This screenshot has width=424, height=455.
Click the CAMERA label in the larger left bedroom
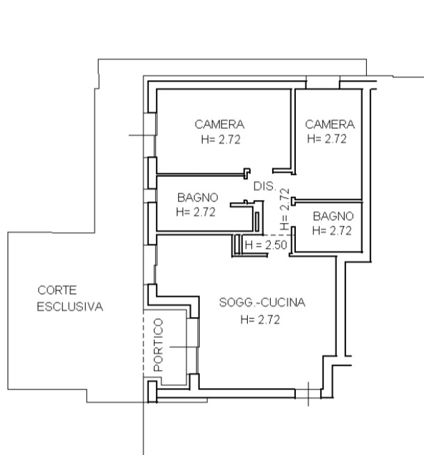click(219, 125)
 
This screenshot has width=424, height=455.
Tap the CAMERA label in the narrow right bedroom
click(330, 125)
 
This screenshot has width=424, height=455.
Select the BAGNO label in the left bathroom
click(198, 198)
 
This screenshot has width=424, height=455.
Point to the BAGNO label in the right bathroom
click(333, 216)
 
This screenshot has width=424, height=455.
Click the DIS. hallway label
click(265, 186)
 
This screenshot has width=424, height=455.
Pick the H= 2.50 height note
click(266, 245)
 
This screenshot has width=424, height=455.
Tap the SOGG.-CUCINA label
click(262, 302)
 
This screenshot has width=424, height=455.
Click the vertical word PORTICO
click(158, 345)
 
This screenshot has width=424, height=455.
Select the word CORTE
click(57, 290)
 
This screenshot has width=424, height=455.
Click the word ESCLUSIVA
click(70, 307)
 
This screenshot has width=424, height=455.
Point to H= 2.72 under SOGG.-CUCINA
click(260, 320)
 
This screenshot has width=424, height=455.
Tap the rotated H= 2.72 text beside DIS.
click(285, 209)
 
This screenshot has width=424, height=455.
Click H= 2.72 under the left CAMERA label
click(221, 139)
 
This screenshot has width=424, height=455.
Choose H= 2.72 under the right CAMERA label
click(327, 139)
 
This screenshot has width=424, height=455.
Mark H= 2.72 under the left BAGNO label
click(196, 212)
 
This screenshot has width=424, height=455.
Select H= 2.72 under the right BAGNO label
click(332, 231)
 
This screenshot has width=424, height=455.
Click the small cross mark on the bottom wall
click(308, 394)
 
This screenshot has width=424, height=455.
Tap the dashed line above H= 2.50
click(278, 235)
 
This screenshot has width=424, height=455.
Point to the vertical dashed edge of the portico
click(143, 343)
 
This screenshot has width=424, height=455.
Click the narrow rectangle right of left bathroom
click(257, 222)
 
